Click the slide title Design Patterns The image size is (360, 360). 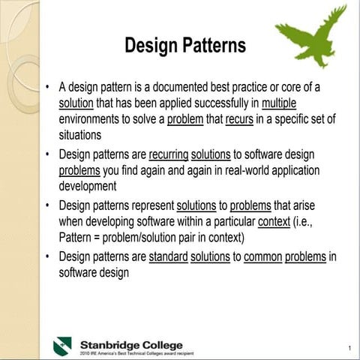click(184, 46)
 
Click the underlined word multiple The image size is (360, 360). click(280, 103)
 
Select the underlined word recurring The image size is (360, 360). click(169, 154)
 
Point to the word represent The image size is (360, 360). click(150, 205)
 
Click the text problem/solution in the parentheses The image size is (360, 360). click(152, 238)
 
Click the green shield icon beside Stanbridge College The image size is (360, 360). click(62, 346)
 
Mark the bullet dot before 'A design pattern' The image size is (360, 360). click(47, 87)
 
